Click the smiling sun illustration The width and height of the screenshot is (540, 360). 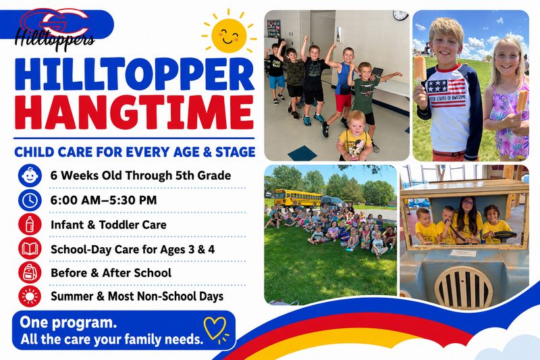click(x=229, y=35)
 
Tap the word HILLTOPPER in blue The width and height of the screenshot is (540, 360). click(x=134, y=74)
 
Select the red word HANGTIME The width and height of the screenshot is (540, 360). click(x=134, y=112)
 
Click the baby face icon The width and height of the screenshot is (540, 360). click(x=30, y=176)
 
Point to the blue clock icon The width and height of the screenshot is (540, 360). click(x=30, y=200)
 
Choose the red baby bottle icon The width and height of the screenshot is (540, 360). click(x=30, y=225)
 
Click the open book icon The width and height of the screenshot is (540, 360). click(x=30, y=249)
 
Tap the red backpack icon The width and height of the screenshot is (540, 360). click(x=30, y=272)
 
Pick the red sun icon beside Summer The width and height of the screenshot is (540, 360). click(x=30, y=297)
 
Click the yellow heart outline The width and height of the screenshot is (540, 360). click(x=215, y=328)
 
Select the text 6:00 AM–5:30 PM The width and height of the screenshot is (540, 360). click(x=103, y=200)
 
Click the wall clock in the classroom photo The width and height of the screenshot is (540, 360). click(x=400, y=15)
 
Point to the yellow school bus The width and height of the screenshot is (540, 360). click(x=298, y=199)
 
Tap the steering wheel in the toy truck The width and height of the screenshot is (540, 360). click(x=505, y=236)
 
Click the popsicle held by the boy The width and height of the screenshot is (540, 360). click(x=420, y=70)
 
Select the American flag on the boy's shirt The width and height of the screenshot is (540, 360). click(x=446, y=93)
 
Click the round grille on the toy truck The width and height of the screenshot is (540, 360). click(x=464, y=288)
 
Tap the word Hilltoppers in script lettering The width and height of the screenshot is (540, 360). click(x=55, y=39)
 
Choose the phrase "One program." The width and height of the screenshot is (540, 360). click(x=68, y=323)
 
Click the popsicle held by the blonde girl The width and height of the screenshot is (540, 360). click(x=522, y=101)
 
